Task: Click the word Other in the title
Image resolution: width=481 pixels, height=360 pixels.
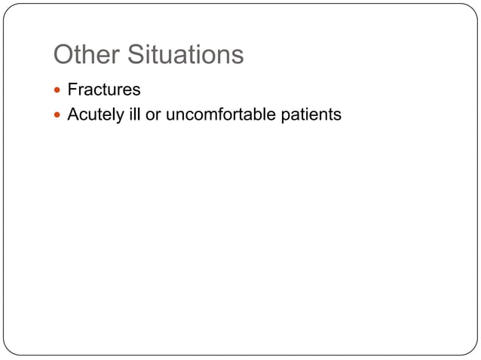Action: click(86, 55)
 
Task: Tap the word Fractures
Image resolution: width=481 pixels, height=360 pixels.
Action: click(104, 90)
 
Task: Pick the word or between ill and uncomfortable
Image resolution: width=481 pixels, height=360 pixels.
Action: click(152, 115)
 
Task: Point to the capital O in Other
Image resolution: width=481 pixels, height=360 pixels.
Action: click(64, 55)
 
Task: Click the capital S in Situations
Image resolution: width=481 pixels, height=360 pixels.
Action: click(133, 55)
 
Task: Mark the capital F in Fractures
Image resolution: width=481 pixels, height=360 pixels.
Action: click(72, 90)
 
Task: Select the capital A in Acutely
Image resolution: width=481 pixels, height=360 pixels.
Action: click(73, 115)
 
